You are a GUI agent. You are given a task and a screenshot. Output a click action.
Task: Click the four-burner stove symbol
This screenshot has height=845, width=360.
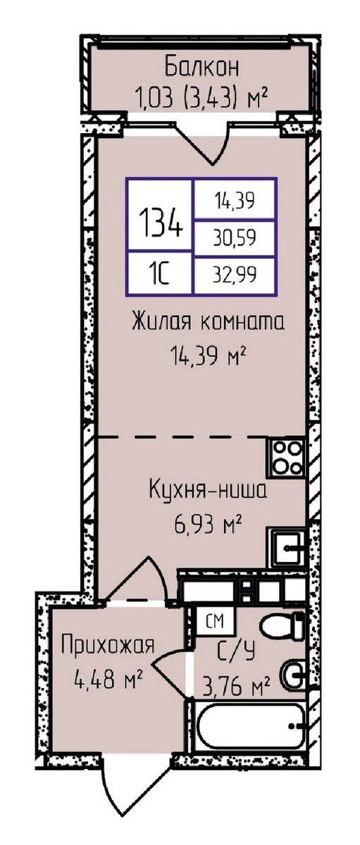point(287,458)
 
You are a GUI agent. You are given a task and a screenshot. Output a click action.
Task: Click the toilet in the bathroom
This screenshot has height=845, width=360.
point(282,626)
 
